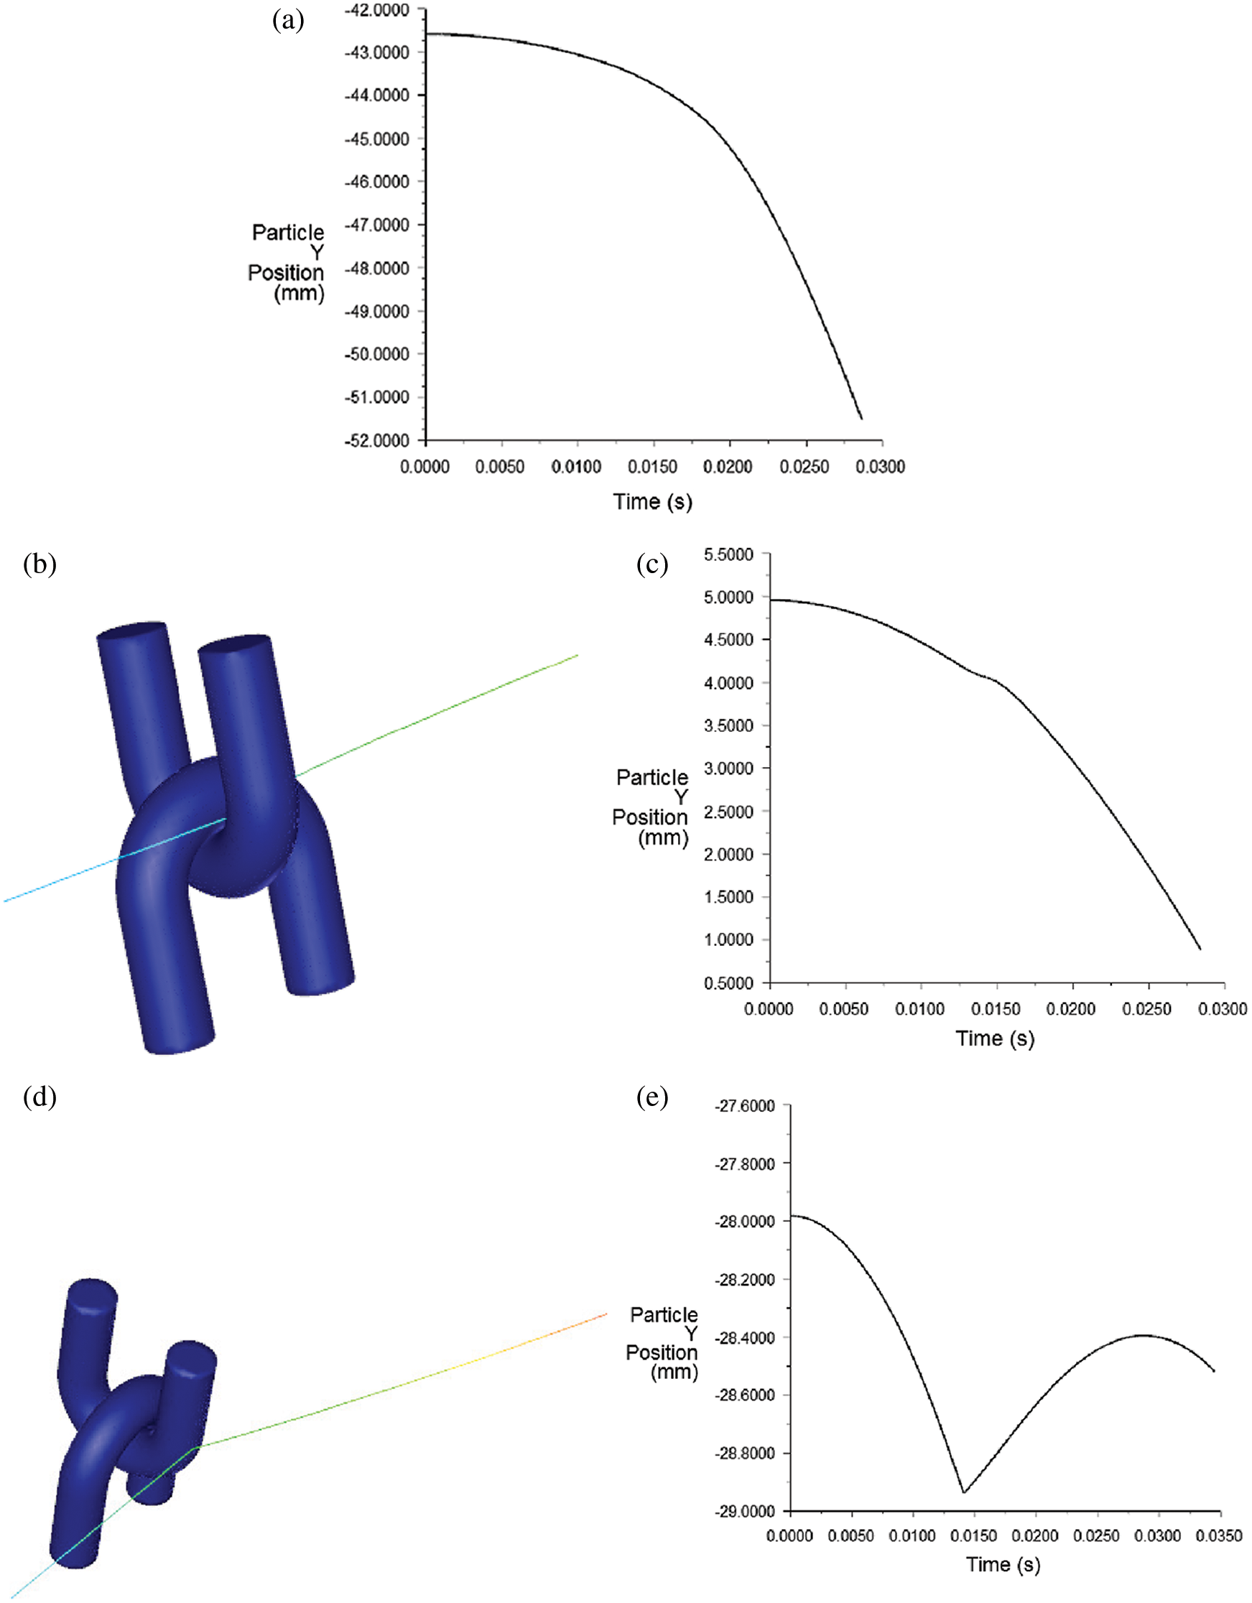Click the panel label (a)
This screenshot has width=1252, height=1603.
coord(288,20)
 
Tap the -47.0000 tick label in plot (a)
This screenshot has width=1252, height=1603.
coord(376,225)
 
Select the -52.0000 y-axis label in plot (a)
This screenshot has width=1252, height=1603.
coord(376,440)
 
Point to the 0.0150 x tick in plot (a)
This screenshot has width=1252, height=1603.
coord(652,467)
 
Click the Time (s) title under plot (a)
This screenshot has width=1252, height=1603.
coord(652,502)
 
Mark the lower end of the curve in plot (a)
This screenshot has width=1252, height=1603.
coord(861,419)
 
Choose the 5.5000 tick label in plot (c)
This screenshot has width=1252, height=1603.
coord(729,554)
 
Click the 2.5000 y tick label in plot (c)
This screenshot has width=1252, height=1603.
coord(729,811)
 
